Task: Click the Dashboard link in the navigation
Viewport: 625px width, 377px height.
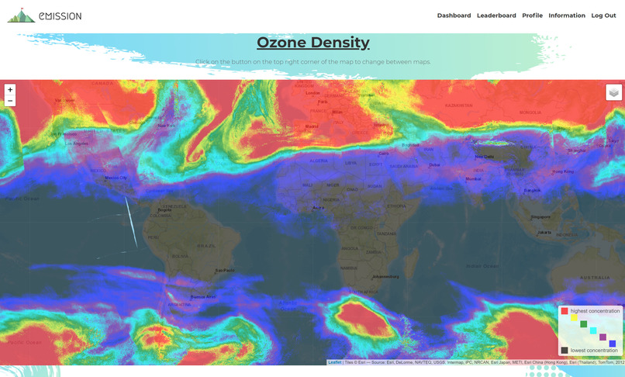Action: [x=454, y=16]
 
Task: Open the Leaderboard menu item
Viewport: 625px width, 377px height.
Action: [x=496, y=16]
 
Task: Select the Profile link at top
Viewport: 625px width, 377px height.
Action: [x=532, y=16]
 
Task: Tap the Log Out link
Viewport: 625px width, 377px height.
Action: [x=603, y=16]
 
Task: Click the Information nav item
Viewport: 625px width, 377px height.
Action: [x=567, y=16]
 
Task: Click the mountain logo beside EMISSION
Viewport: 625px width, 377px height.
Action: [x=21, y=16]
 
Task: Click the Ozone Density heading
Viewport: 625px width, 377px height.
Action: [x=312, y=43]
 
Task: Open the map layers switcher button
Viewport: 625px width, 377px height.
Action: [x=613, y=92]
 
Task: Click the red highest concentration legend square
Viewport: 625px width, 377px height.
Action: [x=565, y=311]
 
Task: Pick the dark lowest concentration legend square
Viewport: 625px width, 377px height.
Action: [x=565, y=351]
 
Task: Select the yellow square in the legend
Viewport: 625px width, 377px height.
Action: [x=574, y=317]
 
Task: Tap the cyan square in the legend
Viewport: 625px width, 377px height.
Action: [x=593, y=330]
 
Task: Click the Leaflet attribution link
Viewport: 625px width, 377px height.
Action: [x=334, y=361]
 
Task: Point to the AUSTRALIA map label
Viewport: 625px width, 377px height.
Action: [x=595, y=278]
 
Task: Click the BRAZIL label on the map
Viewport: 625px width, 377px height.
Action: [x=206, y=246]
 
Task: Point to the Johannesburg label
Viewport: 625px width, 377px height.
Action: [x=385, y=276]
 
